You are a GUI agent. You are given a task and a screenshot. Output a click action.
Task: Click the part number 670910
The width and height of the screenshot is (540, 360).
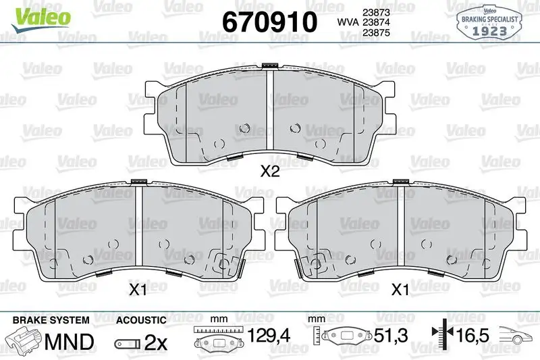pos(269,22)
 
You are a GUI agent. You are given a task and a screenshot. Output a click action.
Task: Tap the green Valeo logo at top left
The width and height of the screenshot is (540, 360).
pos(40,18)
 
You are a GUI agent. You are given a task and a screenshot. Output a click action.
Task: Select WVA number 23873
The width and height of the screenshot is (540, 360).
pos(376,12)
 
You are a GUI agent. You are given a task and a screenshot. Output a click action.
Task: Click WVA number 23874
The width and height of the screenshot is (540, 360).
pos(376,22)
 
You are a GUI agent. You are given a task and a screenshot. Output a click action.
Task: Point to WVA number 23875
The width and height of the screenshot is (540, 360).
pos(376,32)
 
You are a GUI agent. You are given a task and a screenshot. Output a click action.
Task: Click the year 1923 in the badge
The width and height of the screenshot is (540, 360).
pos(489,31)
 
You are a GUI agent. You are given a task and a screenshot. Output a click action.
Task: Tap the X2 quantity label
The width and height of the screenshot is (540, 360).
pos(270,170)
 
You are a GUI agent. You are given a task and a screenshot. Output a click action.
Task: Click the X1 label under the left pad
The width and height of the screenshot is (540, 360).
pos(138,290)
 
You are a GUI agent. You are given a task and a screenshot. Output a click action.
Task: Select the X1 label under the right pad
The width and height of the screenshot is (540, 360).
pos(400,290)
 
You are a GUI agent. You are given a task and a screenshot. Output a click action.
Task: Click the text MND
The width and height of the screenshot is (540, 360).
pos(70,341)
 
